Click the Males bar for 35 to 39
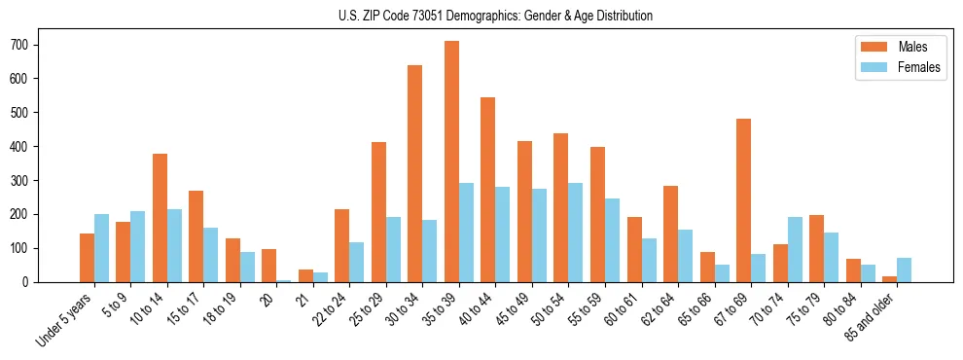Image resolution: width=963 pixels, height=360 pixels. (x=451, y=162)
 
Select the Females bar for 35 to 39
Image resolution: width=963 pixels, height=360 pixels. (x=467, y=233)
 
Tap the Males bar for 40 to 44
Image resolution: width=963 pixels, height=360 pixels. (x=488, y=190)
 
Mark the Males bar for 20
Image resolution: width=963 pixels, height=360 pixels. (x=269, y=266)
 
